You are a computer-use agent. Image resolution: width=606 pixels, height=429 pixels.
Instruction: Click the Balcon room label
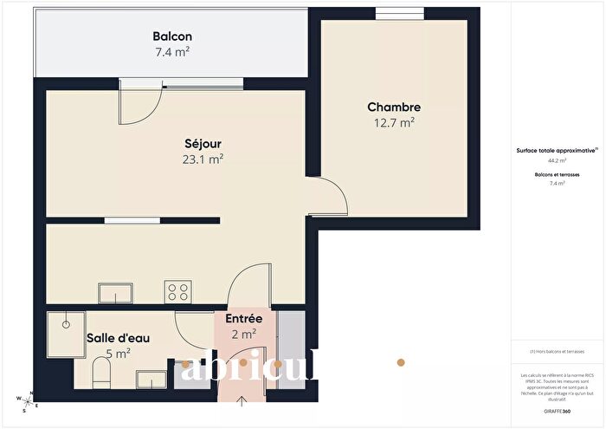click(x=172, y=36)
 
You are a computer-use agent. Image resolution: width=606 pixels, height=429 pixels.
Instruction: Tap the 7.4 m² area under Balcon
click(x=172, y=52)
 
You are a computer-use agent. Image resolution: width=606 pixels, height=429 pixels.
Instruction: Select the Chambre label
click(x=394, y=107)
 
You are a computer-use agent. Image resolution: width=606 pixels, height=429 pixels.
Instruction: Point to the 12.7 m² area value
click(x=394, y=123)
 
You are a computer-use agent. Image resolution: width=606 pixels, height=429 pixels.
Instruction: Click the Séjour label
click(x=203, y=143)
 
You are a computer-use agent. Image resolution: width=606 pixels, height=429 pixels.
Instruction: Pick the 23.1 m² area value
click(x=203, y=159)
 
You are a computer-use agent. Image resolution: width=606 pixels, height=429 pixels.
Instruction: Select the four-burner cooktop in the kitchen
click(x=179, y=292)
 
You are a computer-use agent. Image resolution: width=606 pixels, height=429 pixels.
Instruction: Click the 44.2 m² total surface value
click(x=557, y=160)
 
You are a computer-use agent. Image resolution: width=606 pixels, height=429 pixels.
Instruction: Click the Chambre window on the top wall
click(x=395, y=13)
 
